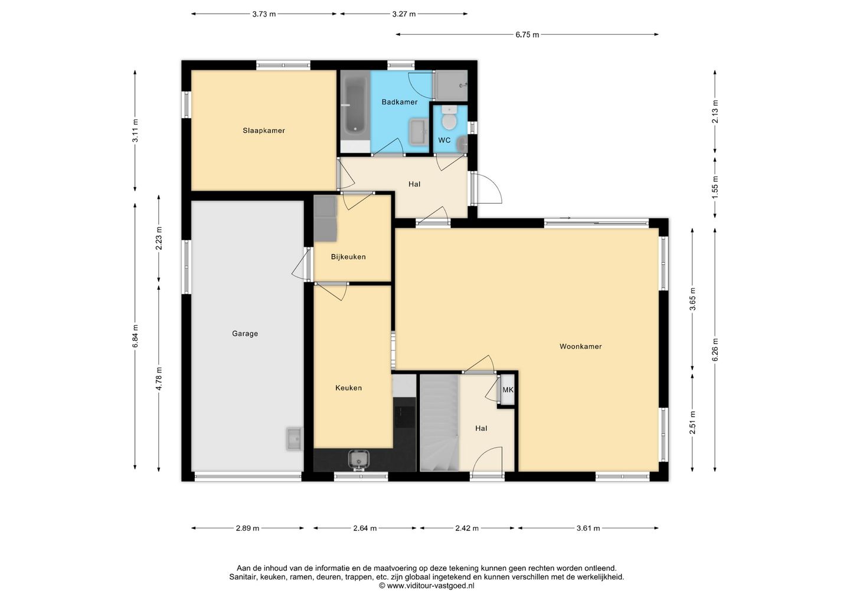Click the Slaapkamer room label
(x=264, y=130)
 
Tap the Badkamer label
(x=400, y=102)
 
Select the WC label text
(x=444, y=140)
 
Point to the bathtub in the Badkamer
(x=355, y=109)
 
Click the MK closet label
(x=508, y=390)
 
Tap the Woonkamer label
(x=581, y=347)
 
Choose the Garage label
(x=245, y=334)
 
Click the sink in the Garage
(x=295, y=439)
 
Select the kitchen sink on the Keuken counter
(x=359, y=460)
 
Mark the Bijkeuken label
(x=348, y=257)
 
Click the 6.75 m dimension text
(x=527, y=35)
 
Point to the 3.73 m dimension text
(x=264, y=14)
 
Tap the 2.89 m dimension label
(x=247, y=528)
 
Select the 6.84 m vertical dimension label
(x=136, y=336)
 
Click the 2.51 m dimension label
(x=692, y=423)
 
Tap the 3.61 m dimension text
(x=588, y=528)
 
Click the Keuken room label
(x=348, y=388)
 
